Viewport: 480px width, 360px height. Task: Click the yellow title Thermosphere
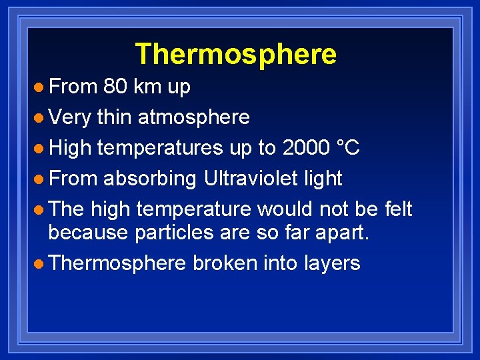click(x=235, y=54)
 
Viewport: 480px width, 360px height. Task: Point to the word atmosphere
click(x=193, y=118)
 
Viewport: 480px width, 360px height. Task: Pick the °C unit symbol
click(x=349, y=148)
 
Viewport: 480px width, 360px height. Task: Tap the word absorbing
click(x=149, y=179)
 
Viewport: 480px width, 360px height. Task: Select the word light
click(x=325, y=179)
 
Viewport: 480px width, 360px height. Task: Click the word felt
click(x=399, y=209)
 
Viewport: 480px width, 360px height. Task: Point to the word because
click(x=89, y=233)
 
